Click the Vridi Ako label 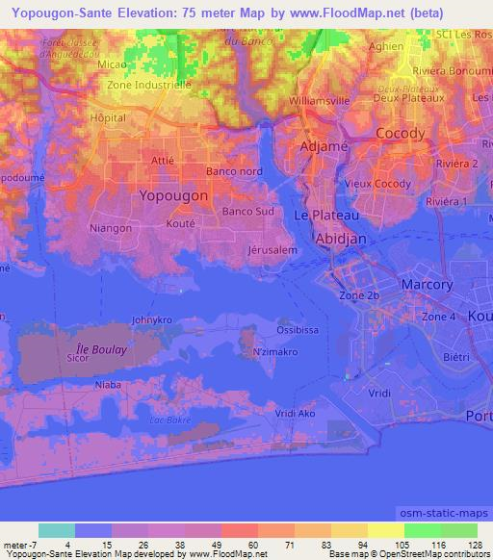tap(295, 413)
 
